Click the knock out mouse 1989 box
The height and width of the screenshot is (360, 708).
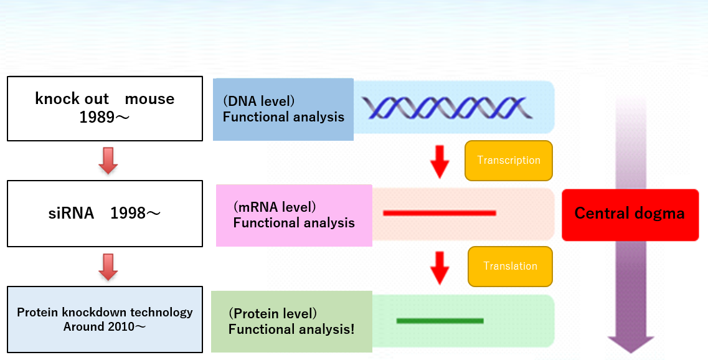105,108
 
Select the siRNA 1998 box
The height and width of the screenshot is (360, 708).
105,213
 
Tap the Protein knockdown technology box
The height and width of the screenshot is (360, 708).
105,320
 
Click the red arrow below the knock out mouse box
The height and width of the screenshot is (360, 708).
108,160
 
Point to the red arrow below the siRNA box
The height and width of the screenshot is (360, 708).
108,267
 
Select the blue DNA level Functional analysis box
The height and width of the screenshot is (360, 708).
283,110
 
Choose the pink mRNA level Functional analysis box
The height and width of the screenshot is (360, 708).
294,216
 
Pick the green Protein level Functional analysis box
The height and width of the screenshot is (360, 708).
291,321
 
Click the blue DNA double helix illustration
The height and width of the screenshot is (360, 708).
447,108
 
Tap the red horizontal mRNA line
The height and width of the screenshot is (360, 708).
440,213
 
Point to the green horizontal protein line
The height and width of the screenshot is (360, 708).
440,321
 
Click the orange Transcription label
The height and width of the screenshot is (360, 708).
509,160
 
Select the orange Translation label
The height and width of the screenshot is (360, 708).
510,267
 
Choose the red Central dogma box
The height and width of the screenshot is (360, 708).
630,215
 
